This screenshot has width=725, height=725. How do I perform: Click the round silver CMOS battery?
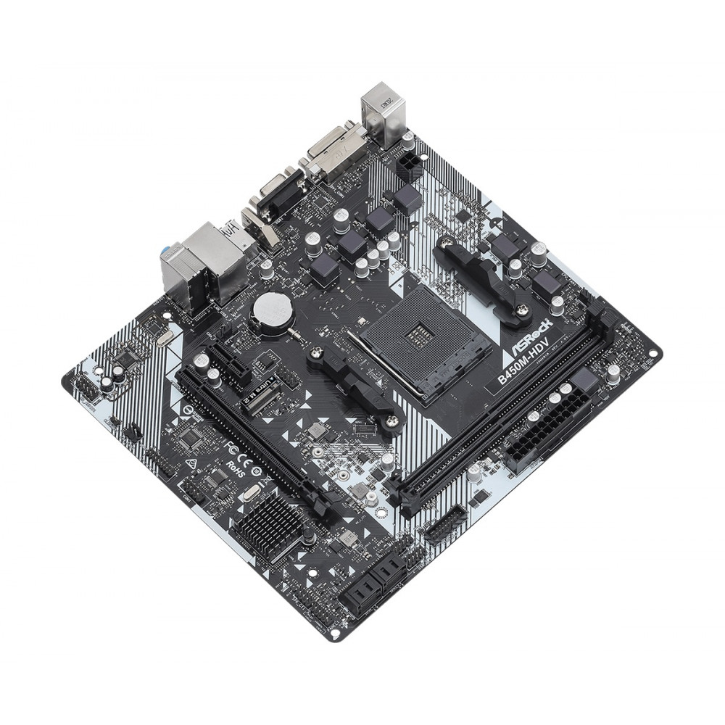click(272, 312)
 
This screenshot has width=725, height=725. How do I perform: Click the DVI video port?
click(332, 152)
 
